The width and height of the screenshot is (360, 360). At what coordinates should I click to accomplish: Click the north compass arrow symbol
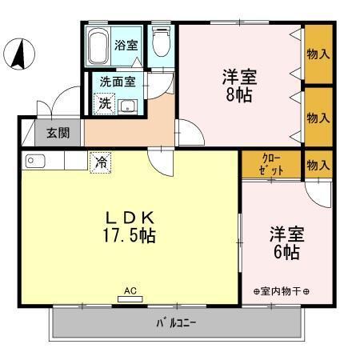click(18, 54)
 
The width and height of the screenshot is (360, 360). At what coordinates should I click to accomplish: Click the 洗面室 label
click(117, 81)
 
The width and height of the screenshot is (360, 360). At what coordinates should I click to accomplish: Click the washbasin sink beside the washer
click(127, 106)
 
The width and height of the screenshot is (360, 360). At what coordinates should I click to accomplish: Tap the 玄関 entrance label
click(57, 133)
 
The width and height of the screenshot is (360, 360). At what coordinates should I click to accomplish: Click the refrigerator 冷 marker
click(102, 161)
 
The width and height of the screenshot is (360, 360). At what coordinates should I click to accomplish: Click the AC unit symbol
click(129, 298)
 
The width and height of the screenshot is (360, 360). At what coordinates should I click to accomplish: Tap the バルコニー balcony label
click(176, 323)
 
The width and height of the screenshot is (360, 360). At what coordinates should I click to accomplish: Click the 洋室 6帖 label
click(284, 243)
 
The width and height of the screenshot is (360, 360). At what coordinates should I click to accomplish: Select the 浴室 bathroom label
click(126, 44)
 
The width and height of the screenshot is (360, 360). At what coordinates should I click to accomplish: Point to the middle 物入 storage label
click(318, 117)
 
